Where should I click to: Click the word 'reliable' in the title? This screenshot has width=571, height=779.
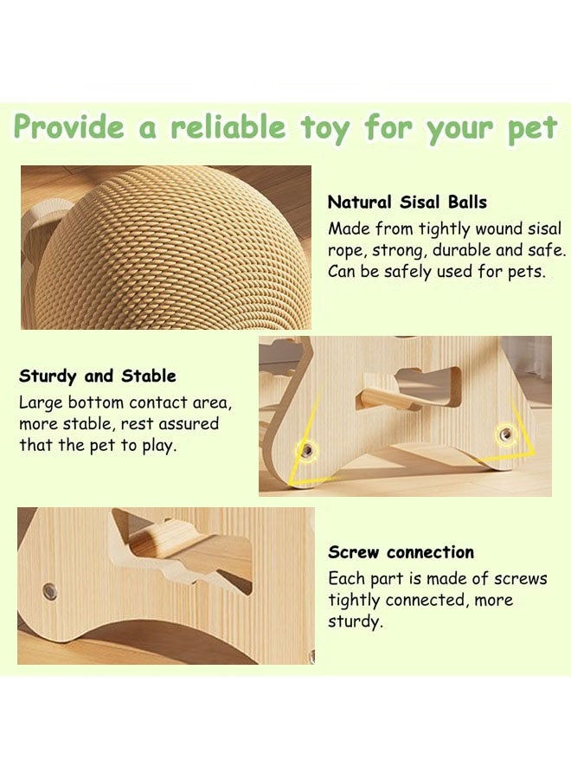pos(227,128)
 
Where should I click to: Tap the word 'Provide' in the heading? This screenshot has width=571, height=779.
pos(69,128)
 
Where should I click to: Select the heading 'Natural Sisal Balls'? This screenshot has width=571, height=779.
pos(407,203)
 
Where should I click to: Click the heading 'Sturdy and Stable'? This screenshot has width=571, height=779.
pos(97,377)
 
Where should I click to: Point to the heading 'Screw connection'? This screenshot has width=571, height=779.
pos(401,552)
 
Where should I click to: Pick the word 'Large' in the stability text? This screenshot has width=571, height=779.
pos(41,403)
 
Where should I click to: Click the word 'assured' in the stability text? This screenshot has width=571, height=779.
pos(190,424)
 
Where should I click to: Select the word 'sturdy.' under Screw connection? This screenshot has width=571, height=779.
pos(355,621)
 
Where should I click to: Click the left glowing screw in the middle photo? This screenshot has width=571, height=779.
pos(305,448)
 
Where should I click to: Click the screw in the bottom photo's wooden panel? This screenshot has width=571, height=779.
pos(50,592)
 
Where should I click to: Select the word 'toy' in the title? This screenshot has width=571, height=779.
pos(325,128)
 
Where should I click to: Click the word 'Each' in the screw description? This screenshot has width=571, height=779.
pos(346,579)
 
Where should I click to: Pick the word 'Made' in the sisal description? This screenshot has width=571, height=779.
pos(348,229)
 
